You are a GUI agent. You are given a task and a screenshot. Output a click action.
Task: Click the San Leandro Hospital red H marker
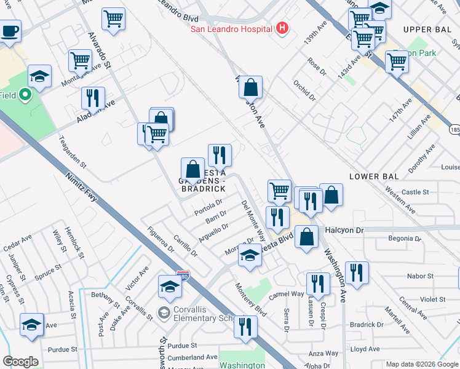tap(282, 28)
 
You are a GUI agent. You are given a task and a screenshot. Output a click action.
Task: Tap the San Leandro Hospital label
tap(231, 29)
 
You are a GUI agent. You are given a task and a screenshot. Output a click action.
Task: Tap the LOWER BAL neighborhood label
tap(374, 177)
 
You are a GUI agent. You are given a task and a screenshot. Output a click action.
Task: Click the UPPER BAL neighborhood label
tap(427, 30)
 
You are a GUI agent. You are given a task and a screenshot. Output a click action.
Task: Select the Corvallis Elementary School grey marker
tap(164, 313)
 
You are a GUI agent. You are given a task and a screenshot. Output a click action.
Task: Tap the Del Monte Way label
tap(253, 220)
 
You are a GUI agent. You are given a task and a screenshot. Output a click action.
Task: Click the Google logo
tap(20, 362)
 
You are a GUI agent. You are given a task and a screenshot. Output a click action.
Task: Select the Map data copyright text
tap(421, 364)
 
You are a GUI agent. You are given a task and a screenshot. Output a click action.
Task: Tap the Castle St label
tap(416, 192)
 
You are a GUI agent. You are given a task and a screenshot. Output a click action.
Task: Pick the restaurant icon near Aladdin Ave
tap(93, 98)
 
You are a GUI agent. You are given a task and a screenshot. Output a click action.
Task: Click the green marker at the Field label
tap(25, 95)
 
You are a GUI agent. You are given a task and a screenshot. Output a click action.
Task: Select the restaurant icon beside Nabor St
tap(357, 272)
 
